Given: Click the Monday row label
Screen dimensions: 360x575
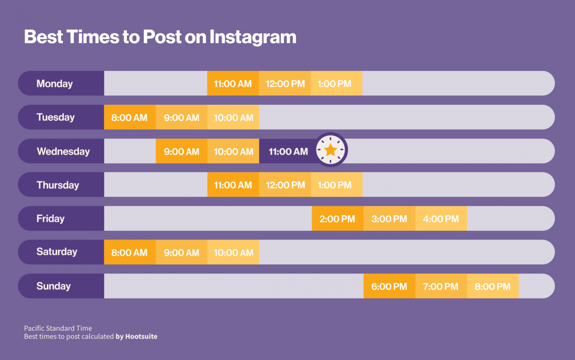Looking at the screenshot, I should [55, 84].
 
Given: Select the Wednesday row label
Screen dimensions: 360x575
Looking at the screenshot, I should [63, 151].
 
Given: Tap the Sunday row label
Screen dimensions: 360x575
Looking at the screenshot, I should [54, 286].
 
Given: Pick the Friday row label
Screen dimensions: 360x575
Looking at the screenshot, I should [51, 219].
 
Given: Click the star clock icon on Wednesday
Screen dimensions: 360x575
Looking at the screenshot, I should [331, 150].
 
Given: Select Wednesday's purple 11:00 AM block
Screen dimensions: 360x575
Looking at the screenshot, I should [288, 151].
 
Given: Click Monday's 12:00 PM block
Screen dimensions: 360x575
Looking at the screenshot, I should [285, 84].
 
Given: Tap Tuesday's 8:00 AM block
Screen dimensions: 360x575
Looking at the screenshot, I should [130, 118].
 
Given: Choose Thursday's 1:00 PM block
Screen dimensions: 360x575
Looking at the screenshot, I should [335, 185].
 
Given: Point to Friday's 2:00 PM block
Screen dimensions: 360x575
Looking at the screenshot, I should [337, 219].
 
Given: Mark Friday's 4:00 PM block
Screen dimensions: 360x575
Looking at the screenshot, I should [441, 219].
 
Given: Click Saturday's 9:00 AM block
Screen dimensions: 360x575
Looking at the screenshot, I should [182, 252].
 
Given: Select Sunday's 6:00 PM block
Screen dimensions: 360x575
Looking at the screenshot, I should [389, 287].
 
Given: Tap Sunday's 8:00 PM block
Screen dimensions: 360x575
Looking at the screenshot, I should [493, 287].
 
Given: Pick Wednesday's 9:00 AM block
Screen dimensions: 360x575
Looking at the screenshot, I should [182, 151].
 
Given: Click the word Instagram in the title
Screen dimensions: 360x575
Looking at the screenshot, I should [253, 37].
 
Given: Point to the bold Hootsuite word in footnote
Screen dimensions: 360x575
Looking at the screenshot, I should [141, 336].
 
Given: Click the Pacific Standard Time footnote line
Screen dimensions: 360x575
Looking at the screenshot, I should [58, 328].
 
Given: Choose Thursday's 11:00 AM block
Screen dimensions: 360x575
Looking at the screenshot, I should [233, 185].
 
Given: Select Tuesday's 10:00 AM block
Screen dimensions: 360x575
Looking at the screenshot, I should [233, 118].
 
